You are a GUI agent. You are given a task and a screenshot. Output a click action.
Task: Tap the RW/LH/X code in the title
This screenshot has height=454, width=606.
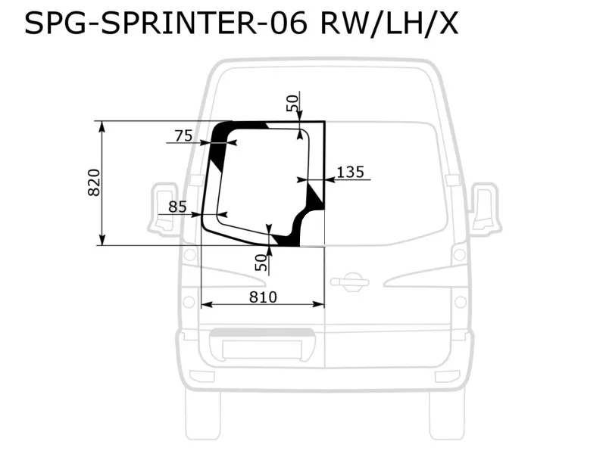[390, 24]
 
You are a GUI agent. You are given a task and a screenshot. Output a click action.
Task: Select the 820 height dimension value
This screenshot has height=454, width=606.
[95, 182]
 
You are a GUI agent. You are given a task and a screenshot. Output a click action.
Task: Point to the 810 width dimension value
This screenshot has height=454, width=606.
[262, 297]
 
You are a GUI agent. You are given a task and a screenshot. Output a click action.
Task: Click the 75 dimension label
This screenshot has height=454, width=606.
[183, 136]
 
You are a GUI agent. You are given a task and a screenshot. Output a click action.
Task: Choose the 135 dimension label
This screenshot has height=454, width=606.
[349, 173]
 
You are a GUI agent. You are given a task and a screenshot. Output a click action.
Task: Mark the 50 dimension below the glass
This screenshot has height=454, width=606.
[261, 263]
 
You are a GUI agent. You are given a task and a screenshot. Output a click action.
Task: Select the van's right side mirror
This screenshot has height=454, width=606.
[484, 208]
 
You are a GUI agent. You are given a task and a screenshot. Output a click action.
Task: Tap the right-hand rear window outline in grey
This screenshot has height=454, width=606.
[386, 182]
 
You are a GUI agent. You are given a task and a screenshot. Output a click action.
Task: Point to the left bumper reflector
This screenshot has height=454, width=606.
[201, 376]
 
